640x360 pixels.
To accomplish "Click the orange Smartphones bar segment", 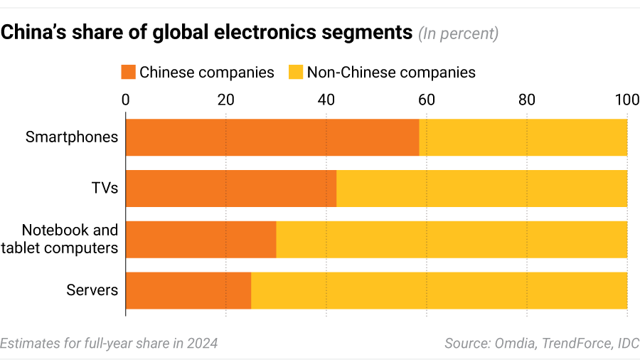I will point(272,137).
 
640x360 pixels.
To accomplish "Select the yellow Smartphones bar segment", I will point(523,137).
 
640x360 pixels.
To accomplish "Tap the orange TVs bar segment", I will point(231,189).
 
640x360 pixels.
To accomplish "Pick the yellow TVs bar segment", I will point(482,189).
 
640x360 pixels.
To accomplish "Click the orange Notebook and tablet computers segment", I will point(201,240).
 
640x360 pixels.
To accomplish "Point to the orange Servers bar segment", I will point(188,290).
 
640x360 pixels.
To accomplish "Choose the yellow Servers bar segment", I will point(439,290).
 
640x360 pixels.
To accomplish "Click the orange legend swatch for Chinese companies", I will point(128,72).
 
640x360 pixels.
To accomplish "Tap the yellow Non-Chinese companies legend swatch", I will point(295,72).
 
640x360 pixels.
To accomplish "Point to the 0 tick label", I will point(126,100).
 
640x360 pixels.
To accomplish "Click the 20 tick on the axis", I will point(226,100).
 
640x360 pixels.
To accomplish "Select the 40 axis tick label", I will point(326,100).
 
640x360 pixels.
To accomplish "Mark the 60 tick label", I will point(427,100).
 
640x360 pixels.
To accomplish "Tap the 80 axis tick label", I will point(527,100).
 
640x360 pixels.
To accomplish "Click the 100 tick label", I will point(626,100).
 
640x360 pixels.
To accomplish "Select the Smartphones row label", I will point(72,137).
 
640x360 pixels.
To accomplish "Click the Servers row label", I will point(92,290).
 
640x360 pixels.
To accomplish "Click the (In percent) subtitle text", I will point(459,33).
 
